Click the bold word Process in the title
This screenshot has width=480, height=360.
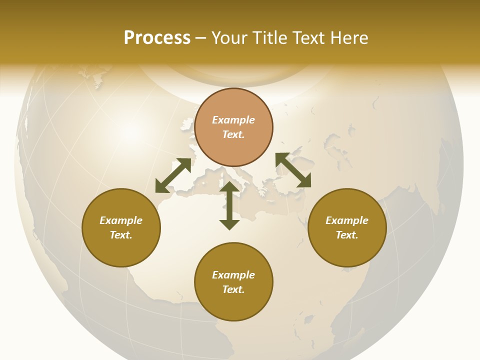(x=157, y=38)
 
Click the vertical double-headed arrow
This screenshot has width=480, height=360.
(x=229, y=205)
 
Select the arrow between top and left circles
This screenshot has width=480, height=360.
(x=173, y=175)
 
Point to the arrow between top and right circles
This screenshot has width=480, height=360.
(x=293, y=170)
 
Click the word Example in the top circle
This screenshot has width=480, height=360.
(x=233, y=120)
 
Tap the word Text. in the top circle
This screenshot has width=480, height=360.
(x=233, y=134)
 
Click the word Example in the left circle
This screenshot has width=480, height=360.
(x=121, y=220)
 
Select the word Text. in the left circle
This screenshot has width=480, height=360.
(x=121, y=235)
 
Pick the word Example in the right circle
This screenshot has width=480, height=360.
(x=347, y=220)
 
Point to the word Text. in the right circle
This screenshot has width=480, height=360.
(x=347, y=235)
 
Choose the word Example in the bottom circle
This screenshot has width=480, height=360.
(x=233, y=275)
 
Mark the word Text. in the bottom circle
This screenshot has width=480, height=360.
(x=233, y=289)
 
